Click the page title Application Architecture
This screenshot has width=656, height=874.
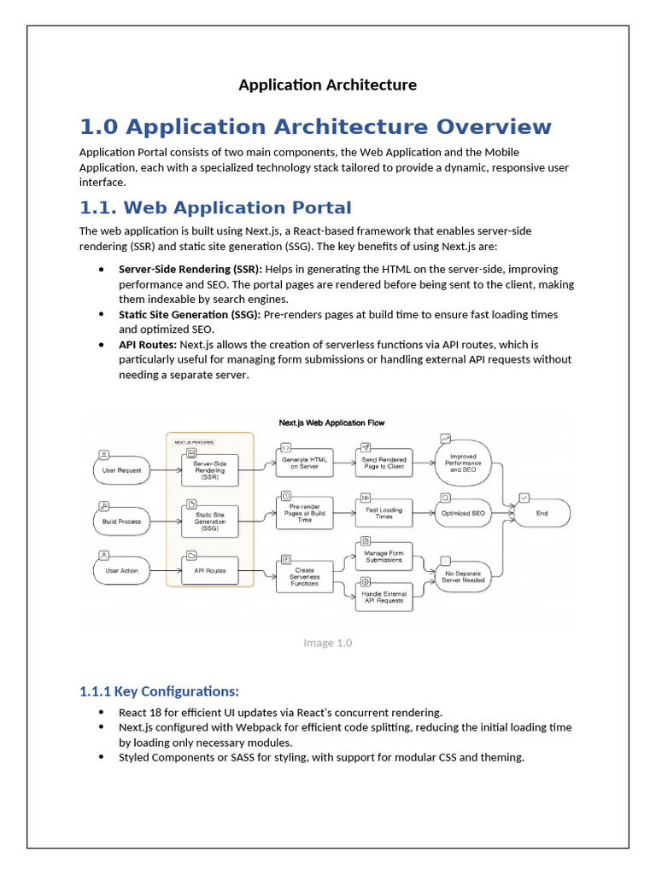click(x=327, y=84)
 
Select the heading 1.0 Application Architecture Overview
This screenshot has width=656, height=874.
click(x=315, y=127)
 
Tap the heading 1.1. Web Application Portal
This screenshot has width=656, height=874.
click(x=214, y=207)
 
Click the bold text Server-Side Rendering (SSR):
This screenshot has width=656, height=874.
click(x=190, y=270)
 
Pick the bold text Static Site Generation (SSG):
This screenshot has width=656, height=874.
click(x=190, y=314)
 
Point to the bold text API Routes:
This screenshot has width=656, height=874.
click(x=148, y=344)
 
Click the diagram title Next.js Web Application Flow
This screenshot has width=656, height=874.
click(x=331, y=422)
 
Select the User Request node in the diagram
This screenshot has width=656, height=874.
click(x=121, y=469)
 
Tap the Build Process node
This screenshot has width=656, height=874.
click(x=121, y=521)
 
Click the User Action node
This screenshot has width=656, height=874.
click(x=121, y=570)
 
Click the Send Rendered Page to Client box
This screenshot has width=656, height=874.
click(x=384, y=463)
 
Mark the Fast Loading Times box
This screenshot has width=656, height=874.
click(x=384, y=513)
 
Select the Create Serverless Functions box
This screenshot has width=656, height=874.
click(x=305, y=576)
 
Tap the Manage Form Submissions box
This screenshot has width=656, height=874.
click(x=384, y=556)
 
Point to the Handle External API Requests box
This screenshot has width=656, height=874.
click(x=384, y=597)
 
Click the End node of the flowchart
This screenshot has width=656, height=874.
click(x=542, y=513)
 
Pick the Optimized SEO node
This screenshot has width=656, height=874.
click(x=462, y=513)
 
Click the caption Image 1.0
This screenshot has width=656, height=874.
click(x=327, y=643)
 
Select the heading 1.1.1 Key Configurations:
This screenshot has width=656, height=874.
click(x=159, y=690)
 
